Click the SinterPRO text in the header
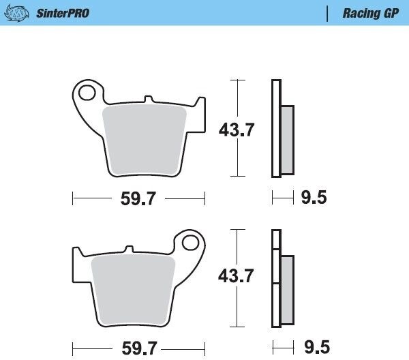click(x=63, y=14)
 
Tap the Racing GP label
click(x=371, y=14)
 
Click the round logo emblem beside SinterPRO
click(x=16, y=14)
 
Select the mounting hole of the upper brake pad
click(x=87, y=93)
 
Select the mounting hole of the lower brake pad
click(x=191, y=243)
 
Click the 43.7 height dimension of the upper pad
click(x=237, y=130)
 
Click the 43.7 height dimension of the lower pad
click(x=236, y=275)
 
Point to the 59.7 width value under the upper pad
click(x=138, y=198)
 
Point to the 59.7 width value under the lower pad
click(x=140, y=348)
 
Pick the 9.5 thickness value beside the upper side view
click(x=314, y=197)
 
